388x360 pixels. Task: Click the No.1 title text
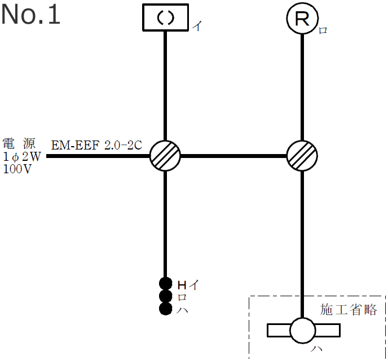coord(30,15)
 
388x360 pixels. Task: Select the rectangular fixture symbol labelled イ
coord(165,18)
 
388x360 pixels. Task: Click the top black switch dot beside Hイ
coord(165,283)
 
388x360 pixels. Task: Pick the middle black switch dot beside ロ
coord(165,296)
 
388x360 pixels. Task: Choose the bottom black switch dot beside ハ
coord(165,309)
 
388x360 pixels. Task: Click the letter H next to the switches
coord(182,284)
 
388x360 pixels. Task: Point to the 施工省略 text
coord(349,309)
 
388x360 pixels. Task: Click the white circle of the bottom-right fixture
coord(303,330)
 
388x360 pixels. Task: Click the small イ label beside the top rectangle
coord(197,26)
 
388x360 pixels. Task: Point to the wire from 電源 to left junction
coord(99,155)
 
